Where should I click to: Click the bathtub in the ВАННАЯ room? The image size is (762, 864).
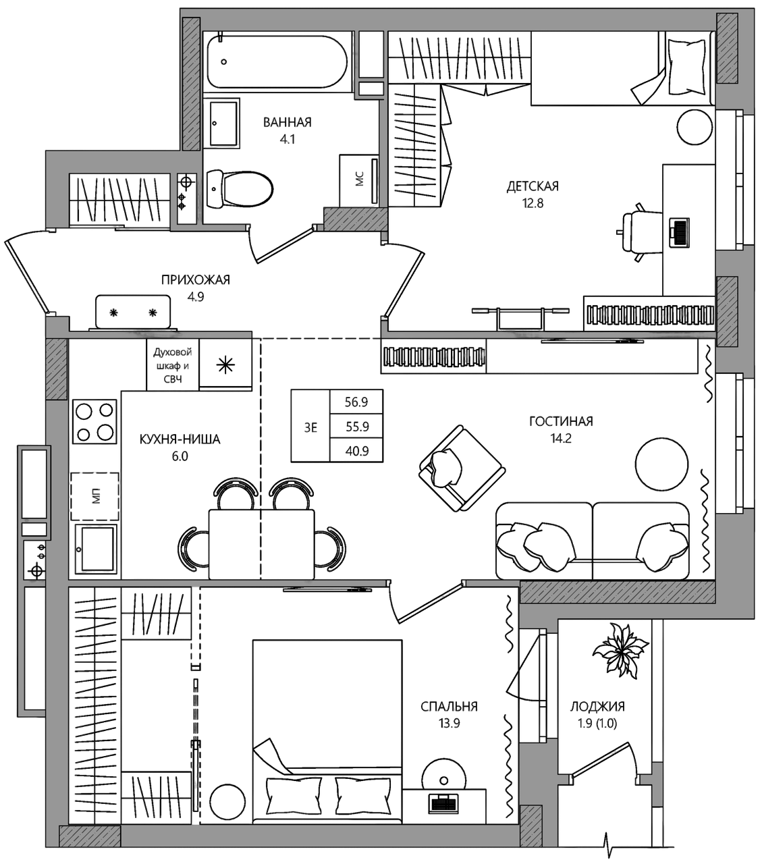pyautogui.click(x=278, y=62)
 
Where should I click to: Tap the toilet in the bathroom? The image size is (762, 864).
pyautogui.click(x=240, y=189)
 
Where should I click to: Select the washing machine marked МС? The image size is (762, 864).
pyautogui.click(x=359, y=180)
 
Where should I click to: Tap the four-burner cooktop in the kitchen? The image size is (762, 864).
pyautogui.click(x=94, y=422)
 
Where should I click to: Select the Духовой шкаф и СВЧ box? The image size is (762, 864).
pyautogui.click(x=173, y=365)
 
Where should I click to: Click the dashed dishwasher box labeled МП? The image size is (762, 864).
pyautogui.click(x=94, y=496)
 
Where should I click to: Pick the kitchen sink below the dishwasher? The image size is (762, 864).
pyautogui.click(x=96, y=549)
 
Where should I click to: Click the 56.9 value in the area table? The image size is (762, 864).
pyautogui.click(x=356, y=402)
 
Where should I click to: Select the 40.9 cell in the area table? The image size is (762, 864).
pyautogui.click(x=357, y=451)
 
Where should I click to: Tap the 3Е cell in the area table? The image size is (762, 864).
pyautogui.click(x=310, y=427)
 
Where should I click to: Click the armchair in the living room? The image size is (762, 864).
pyautogui.click(x=462, y=468)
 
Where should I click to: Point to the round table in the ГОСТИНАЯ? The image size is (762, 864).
pyautogui.click(x=661, y=466)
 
